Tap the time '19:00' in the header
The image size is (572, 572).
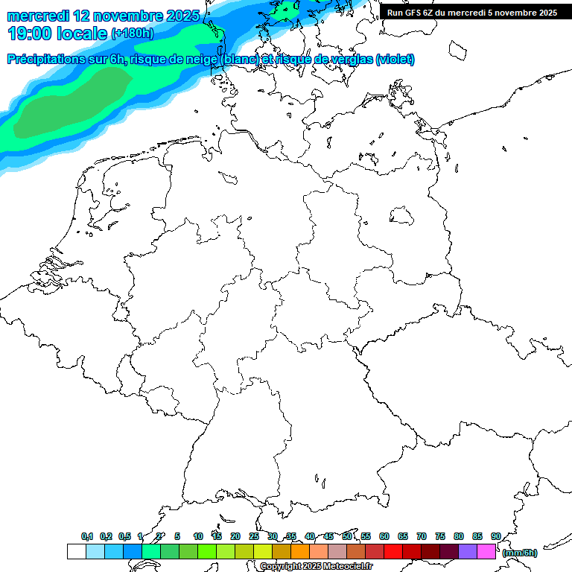click(x=30, y=33)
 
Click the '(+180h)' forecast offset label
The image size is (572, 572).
click(x=132, y=34)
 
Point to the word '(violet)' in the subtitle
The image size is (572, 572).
click(x=395, y=60)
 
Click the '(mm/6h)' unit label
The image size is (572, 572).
click(x=520, y=553)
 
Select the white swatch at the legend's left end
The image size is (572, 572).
click(x=76, y=552)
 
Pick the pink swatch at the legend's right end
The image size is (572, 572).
click(x=486, y=552)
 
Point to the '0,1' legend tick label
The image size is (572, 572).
click(x=87, y=536)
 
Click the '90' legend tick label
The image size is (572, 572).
click(x=496, y=536)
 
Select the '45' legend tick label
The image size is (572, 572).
click(x=328, y=536)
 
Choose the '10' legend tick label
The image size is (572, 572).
click(x=198, y=536)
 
